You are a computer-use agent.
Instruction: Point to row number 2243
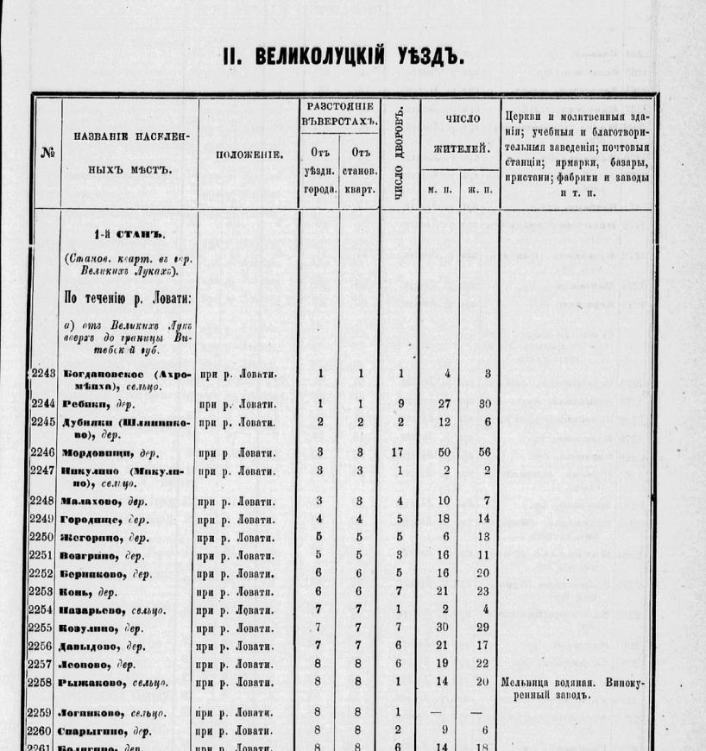coord(43,374)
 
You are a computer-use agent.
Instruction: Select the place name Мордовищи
coord(93,451)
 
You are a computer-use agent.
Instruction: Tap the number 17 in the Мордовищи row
coord(399,451)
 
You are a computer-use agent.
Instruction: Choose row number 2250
coord(43,538)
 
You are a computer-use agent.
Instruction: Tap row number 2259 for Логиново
coord(43,713)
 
